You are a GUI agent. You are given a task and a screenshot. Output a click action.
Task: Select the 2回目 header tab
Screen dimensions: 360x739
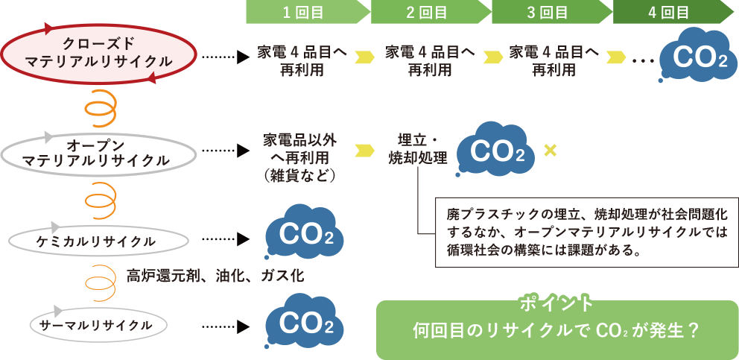[x=426, y=12]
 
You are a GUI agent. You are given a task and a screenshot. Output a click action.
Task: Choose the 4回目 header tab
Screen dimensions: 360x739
[x=668, y=12]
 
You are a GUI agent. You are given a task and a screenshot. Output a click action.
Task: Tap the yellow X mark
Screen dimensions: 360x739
[x=551, y=151]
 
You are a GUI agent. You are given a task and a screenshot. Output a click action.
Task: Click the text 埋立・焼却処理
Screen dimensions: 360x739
[x=417, y=149]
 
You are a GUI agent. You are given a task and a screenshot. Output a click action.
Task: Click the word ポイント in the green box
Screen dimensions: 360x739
[x=556, y=304]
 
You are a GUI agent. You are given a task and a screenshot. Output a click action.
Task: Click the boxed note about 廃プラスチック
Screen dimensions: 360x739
[x=586, y=231]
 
